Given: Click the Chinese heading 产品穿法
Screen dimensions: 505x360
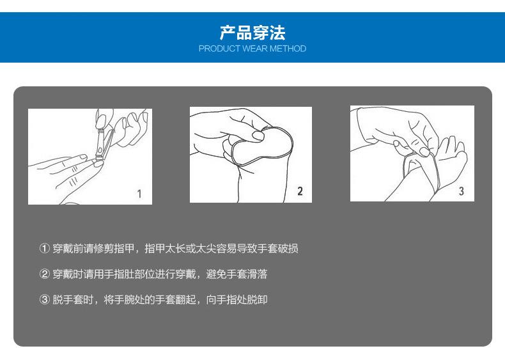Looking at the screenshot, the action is pyautogui.click(x=252, y=33).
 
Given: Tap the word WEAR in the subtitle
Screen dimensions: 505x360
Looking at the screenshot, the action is pyautogui.click(x=255, y=49).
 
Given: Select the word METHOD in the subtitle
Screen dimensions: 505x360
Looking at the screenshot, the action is pyautogui.click(x=288, y=49).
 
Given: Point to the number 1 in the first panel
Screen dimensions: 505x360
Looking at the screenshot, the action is pyautogui.click(x=139, y=194).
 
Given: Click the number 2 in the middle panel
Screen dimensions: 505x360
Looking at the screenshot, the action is pyautogui.click(x=300, y=191).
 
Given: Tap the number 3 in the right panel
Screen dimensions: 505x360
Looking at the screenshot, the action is pyautogui.click(x=461, y=191).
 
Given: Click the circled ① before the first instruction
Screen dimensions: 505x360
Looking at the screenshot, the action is pyautogui.click(x=45, y=249).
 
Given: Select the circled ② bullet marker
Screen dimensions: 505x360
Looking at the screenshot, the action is pyautogui.click(x=45, y=274).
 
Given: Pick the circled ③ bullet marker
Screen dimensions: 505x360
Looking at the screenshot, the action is pyautogui.click(x=45, y=299).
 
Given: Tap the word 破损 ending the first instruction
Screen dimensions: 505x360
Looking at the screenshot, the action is pyautogui.click(x=288, y=249).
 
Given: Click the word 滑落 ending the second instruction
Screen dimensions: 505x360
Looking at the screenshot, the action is pyautogui.click(x=258, y=274).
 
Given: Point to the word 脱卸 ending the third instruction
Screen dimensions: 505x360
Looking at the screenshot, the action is pyautogui.click(x=258, y=299).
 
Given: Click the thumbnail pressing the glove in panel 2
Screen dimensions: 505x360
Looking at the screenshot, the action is pyautogui.click(x=258, y=135).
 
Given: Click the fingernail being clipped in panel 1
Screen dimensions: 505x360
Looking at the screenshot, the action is pyautogui.click(x=98, y=164).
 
